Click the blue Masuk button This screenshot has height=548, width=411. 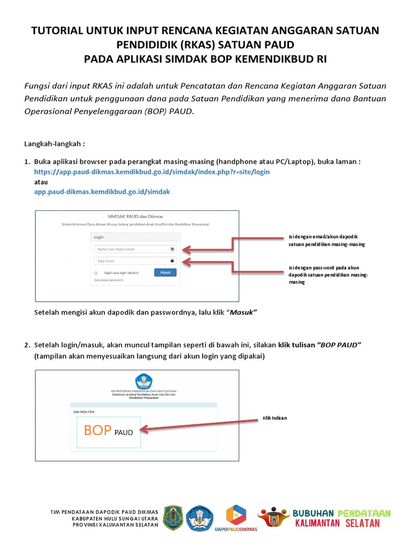pyautogui.click(x=165, y=272)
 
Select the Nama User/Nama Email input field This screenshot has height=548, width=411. pyautogui.click(x=131, y=249)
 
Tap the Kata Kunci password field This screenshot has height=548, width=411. pyautogui.click(x=131, y=261)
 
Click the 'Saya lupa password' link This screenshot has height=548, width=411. pyautogui.click(x=108, y=280)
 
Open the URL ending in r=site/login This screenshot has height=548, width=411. pyautogui.click(x=152, y=172)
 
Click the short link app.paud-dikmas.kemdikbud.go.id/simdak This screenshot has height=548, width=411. pyautogui.click(x=102, y=191)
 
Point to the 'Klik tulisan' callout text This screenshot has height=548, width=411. pyautogui.click(x=275, y=418)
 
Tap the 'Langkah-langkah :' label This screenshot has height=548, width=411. pyautogui.click(x=55, y=144)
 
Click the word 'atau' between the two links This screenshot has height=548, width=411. pyautogui.click(x=41, y=181)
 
